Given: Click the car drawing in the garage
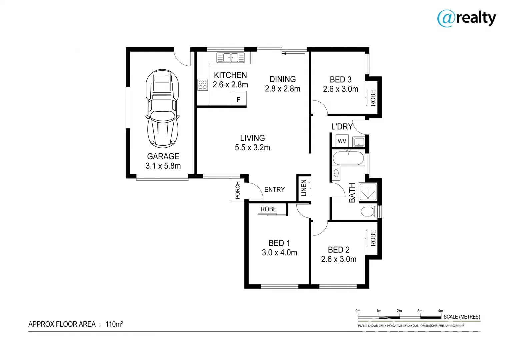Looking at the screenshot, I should pyautogui.click(x=162, y=108).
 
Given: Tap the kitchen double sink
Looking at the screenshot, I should pyautogui.click(x=230, y=57).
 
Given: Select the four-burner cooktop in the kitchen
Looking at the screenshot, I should pyautogui.click(x=203, y=84).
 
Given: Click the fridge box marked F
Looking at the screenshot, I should pyautogui.click(x=238, y=99).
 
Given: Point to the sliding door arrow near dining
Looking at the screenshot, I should pyautogui.click(x=294, y=53).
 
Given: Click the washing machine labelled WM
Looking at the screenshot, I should pyautogui.click(x=342, y=141).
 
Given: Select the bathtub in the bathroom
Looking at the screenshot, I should pyautogui.click(x=348, y=158).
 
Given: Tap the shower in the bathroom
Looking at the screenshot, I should pyautogui.click(x=368, y=192).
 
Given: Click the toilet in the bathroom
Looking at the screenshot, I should pyautogui.click(x=368, y=211).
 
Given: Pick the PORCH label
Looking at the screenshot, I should pyautogui.click(x=237, y=190).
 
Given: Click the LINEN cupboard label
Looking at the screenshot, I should pyautogui.click(x=304, y=188).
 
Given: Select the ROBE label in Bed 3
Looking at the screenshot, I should pyautogui.click(x=373, y=98).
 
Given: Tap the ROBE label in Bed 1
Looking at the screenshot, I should pyautogui.click(x=269, y=209).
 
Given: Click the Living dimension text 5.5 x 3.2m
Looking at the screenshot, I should pyautogui.click(x=252, y=148).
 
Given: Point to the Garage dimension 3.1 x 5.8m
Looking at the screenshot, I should pyautogui.click(x=163, y=166).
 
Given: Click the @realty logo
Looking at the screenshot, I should pyautogui.click(x=466, y=18).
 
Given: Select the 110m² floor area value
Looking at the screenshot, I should pyautogui.click(x=114, y=324).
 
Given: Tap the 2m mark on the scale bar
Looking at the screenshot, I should pyautogui.click(x=399, y=311).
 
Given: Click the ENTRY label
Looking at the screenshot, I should pyautogui.click(x=274, y=189).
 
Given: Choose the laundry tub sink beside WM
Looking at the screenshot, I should pyautogui.click(x=359, y=141).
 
